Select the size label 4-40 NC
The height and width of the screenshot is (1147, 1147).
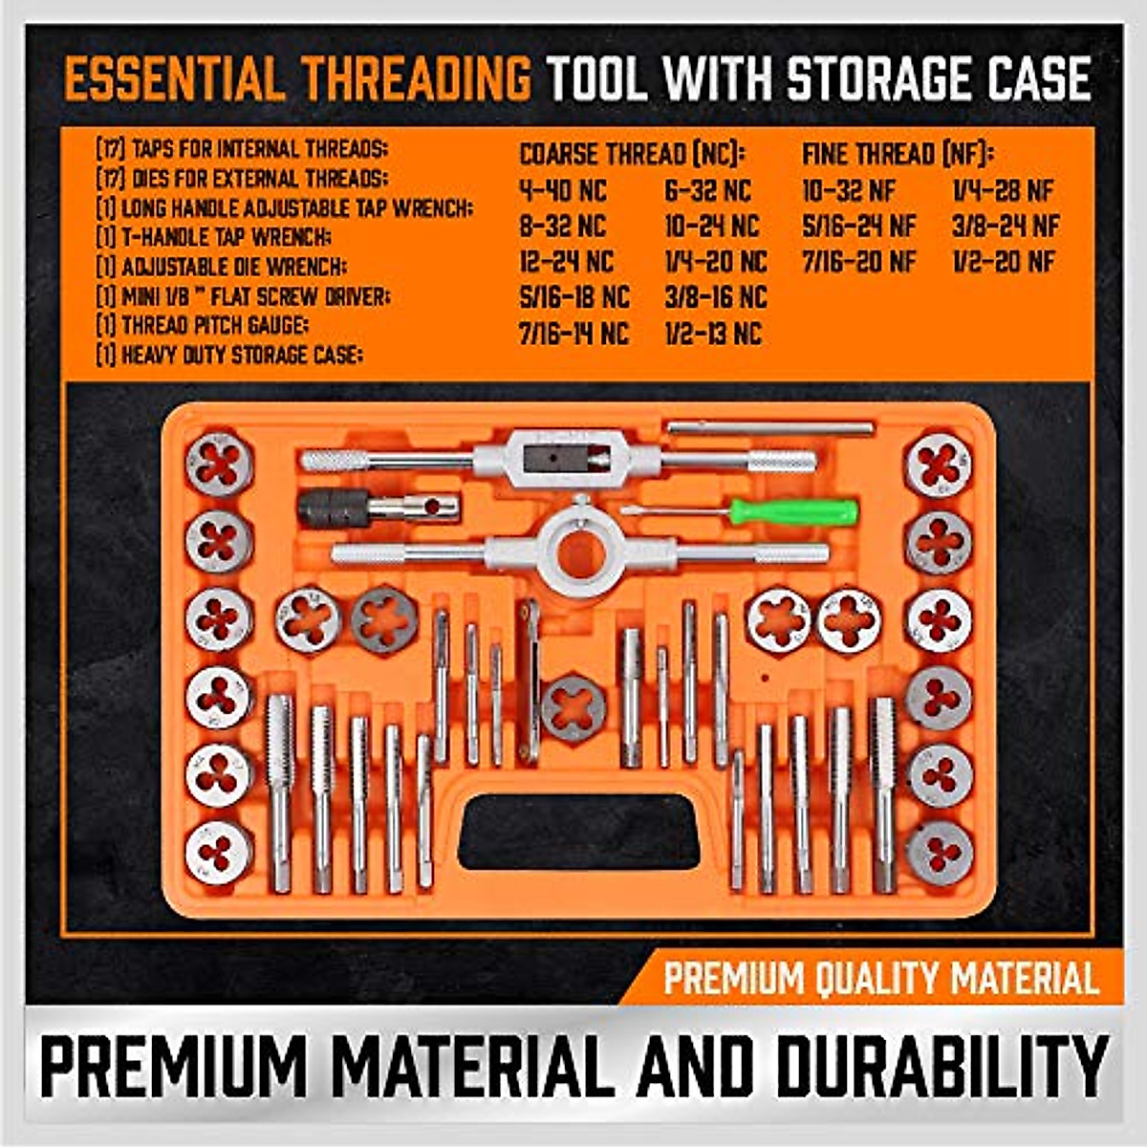(562, 191)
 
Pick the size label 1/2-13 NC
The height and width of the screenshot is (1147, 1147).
(713, 333)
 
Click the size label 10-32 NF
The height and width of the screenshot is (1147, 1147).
(849, 191)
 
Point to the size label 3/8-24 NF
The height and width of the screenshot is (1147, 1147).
(1006, 227)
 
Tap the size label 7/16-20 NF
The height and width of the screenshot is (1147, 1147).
(858, 261)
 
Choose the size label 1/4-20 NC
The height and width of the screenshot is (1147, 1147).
(716, 261)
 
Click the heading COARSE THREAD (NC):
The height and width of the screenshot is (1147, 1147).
(632, 154)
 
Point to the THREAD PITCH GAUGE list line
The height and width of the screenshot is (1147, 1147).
(202, 325)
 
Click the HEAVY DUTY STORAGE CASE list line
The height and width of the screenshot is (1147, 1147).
(229, 356)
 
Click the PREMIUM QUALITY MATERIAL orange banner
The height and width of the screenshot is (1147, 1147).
(879, 979)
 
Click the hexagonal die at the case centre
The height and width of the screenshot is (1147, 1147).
(573, 707)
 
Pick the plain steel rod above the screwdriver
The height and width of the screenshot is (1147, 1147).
(769, 427)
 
